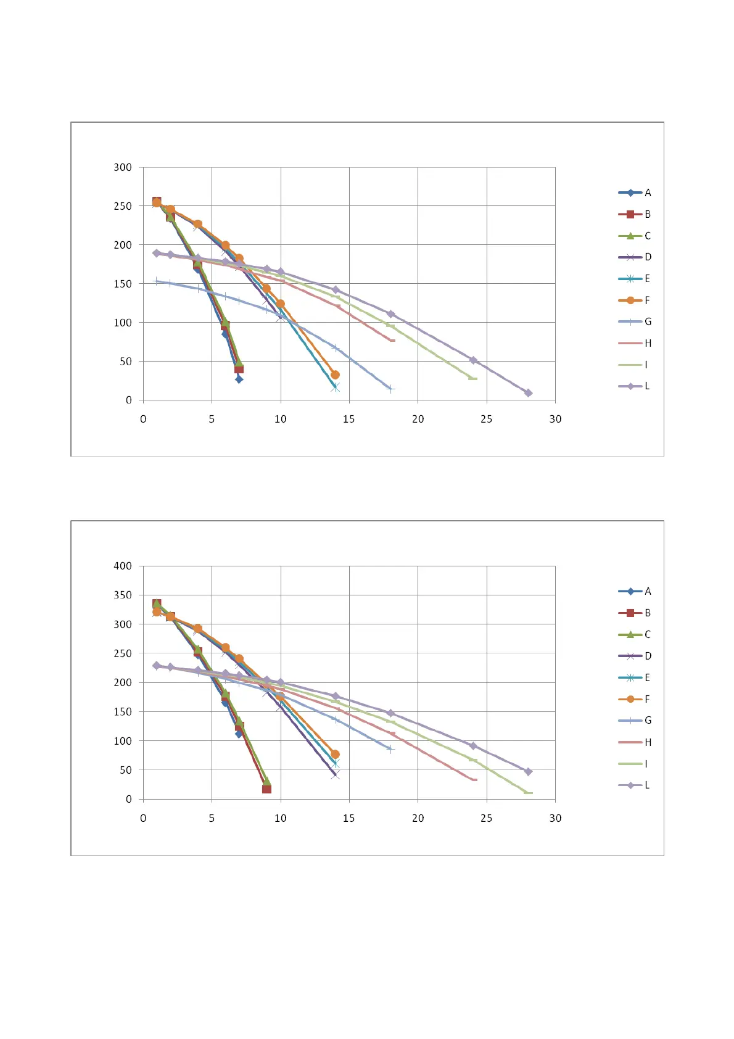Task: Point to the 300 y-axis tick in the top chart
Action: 123,167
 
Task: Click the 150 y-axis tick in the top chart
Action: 123,284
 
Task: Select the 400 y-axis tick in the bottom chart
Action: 123,566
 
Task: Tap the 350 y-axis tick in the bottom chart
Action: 123,595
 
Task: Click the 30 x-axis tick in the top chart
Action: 555,419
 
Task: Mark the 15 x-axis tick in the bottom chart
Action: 349,818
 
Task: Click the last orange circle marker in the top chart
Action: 335,375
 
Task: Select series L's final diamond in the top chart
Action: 528,393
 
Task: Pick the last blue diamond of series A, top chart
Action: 239,379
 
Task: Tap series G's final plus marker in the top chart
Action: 390,389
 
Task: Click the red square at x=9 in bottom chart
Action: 266,789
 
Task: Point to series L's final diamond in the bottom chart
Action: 528,772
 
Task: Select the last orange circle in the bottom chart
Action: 335,754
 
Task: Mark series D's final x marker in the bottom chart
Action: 335,775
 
